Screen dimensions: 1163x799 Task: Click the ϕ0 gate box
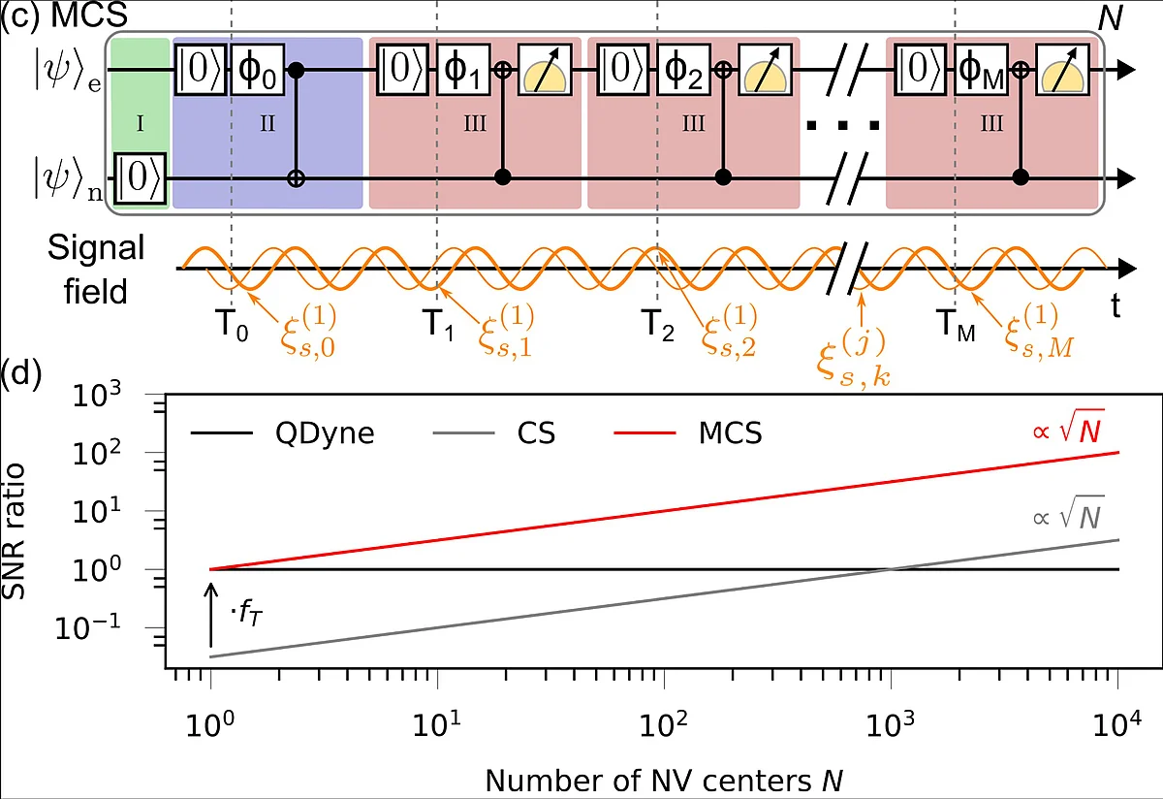click(258, 70)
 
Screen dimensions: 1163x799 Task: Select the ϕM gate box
click(981, 70)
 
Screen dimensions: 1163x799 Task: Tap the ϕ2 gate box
click(683, 70)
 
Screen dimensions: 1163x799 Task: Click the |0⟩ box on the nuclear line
click(140, 178)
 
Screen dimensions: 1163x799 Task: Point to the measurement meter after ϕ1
click(545, 70)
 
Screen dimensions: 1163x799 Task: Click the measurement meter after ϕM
click(1062, 70)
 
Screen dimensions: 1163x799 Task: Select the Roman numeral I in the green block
click(140, 124)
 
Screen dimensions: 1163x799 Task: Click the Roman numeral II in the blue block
click(267, 124)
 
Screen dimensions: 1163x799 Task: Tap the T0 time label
click(232, 325)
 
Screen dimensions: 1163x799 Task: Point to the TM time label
click(956, 325)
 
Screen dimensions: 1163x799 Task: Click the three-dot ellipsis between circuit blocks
click(842, 125)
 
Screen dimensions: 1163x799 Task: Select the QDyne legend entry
click(283, 432)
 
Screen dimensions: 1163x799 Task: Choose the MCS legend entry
click(688, 432)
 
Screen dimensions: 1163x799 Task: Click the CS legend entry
click(493, 432)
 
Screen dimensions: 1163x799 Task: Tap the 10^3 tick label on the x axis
click(890, 724)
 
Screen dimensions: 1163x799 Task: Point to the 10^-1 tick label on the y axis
click(88, 626)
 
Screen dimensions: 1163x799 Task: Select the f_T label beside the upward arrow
click(246, 614)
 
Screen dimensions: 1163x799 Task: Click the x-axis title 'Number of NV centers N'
click(664, 780)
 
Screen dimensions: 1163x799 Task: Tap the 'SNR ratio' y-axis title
click(14, 531)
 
